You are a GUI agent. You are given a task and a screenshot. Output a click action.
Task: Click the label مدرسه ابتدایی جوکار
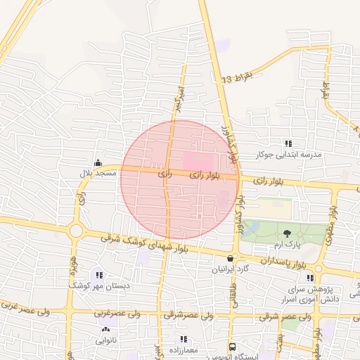pyautogui.click(x=288, y=154)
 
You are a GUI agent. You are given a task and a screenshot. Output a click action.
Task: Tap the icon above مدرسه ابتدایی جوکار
pyautogui.click(x=288, y=143)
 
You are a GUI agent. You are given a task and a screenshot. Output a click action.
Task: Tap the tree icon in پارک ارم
pyautogui.click(x=287, y=233)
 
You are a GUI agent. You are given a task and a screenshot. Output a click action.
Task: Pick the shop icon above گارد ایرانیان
pyautogui.click(x=231, y=259)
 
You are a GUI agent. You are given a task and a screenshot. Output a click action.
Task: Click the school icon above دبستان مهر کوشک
pyautogui.click(x=99, y=275)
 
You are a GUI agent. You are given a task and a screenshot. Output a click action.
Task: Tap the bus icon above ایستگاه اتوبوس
pyautogui.click(x=232, y=347)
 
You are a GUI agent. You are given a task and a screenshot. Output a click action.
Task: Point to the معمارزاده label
pyautogui.click(x=184, y=349)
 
